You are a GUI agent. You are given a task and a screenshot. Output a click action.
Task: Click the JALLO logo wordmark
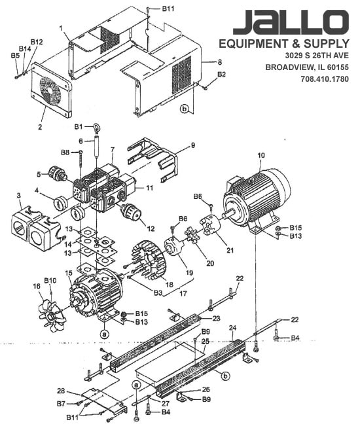291,22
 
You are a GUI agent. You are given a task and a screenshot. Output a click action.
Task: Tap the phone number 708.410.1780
325,79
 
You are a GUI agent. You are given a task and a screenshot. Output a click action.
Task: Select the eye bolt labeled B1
96,128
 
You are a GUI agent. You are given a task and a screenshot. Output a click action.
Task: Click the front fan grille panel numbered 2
51,90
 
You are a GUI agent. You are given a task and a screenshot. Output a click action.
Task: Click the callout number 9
193,145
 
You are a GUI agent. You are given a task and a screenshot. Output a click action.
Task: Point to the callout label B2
221,74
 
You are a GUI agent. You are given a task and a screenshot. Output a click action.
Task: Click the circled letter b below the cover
185,109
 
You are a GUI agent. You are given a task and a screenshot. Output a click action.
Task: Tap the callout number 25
206,341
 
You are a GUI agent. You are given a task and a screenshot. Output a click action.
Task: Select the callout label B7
62,403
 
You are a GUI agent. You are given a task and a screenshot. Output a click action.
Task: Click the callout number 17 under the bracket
183,293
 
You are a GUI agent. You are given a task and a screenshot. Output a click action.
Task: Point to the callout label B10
50,281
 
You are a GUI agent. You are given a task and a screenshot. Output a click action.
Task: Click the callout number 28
61,391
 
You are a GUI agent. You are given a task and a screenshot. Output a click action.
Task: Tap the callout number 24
232,328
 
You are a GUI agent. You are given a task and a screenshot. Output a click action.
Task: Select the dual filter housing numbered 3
35,229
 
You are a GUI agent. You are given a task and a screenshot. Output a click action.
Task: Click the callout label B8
65,152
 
